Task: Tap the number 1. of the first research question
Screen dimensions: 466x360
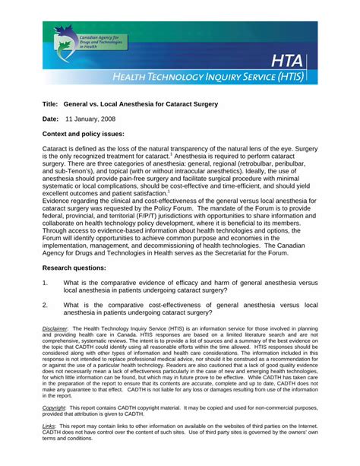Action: click(46, 283)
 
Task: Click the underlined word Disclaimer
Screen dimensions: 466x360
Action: click(55, 328)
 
